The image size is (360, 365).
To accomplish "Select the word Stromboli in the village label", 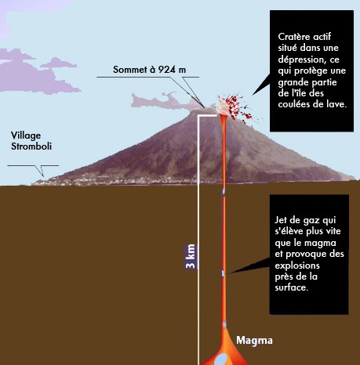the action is (31, 146).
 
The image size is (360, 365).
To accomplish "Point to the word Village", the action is (26, 136).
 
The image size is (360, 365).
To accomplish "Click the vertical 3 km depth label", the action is (191, 257).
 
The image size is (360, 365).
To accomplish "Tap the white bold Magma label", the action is (254, 340).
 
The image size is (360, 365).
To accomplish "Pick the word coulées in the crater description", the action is (293, 104).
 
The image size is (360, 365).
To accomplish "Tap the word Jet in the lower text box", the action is (281, 220).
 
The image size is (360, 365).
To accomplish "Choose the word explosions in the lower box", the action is (297, 266).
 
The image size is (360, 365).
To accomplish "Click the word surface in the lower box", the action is (291, 287).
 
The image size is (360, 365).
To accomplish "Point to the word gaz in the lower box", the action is (311, 221).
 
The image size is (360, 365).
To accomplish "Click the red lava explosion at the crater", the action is (235, 108).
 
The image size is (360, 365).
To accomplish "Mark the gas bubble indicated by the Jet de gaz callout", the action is (224, 273).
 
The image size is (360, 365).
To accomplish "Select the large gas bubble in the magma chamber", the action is (221, 359).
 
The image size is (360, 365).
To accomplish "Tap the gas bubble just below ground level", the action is (224, 192).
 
